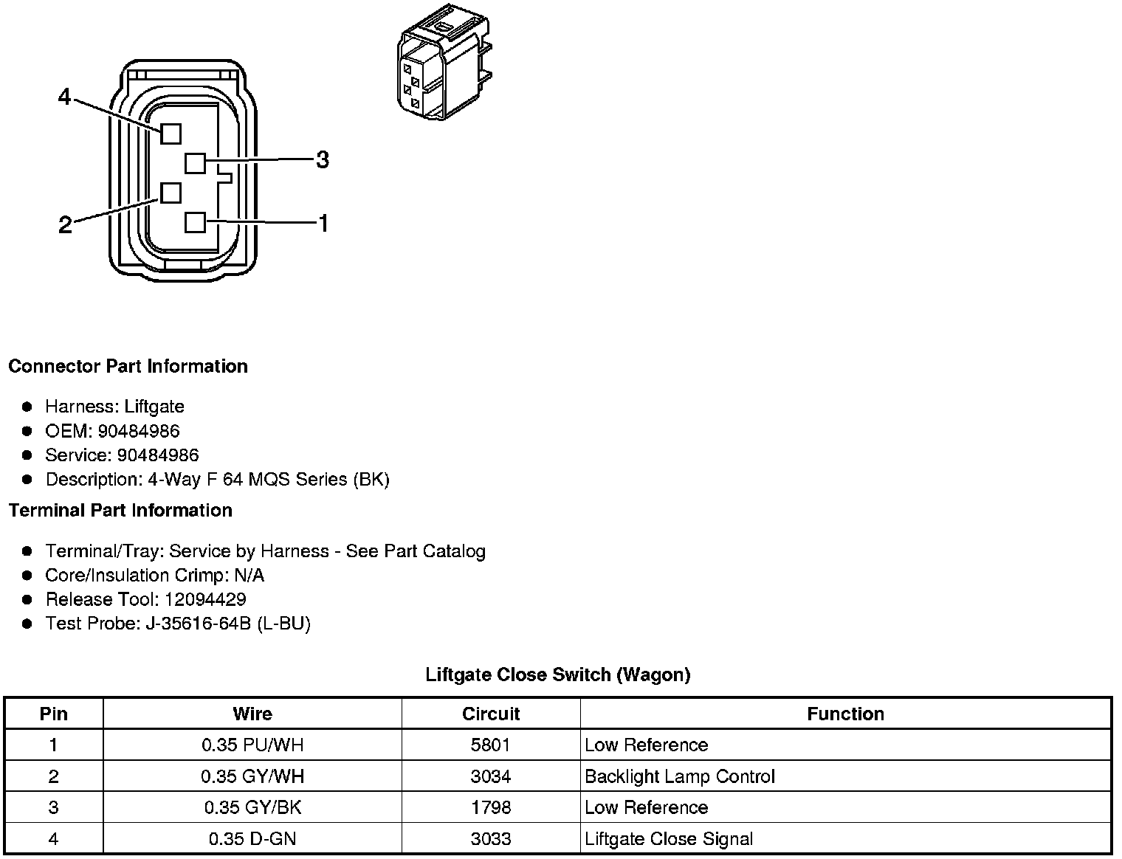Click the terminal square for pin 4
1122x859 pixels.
coord(171,134)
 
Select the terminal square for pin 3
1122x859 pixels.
coord(195,162)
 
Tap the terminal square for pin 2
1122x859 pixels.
coord(171,193)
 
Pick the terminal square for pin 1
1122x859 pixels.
coord(195,222)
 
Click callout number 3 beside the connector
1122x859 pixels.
coord(322,159)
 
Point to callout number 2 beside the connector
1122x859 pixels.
coord(65,225)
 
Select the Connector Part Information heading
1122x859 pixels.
coord(128,367)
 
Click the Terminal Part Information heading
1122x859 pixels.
coord(120,511)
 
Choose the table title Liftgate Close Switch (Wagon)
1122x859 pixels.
coord(558,675)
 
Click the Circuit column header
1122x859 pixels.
coord(491,714)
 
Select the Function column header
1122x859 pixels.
coord(845,714)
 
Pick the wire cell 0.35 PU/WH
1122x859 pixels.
coord(252,745)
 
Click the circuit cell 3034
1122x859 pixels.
coord(491,776)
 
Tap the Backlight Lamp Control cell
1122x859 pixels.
coord(679,776)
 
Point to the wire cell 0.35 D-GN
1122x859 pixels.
coord(252,839)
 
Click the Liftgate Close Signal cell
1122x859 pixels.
coord(669,839)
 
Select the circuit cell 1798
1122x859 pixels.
coord(491,807)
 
